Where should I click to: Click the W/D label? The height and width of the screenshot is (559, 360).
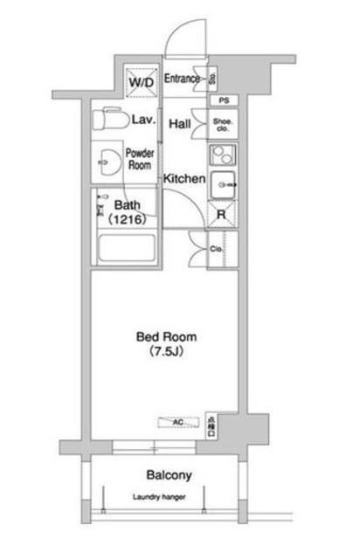pos(140,82)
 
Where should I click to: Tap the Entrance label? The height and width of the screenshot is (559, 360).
pos(182,79)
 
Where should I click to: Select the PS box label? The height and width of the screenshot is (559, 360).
pos(224,100)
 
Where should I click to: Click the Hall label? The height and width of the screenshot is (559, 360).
pos(180,124)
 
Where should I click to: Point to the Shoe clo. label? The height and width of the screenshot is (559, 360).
pos(224,124)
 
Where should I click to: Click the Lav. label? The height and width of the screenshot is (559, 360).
pos(144,121)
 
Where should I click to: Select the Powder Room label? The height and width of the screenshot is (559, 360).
pos(140,158)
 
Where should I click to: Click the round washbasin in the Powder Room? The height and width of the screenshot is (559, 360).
pos(110,162)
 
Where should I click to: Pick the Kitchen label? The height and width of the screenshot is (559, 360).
pos(185,179)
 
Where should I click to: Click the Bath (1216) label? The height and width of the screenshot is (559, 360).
pos(128,213)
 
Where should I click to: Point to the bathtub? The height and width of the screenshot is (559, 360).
pos(124,250)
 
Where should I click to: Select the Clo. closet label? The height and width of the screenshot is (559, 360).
pos(218,249)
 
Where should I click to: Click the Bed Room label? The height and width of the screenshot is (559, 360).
pos(166,336)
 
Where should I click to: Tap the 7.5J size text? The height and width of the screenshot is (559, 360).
pos(166,352)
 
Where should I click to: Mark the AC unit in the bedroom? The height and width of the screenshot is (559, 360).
pos(177,423)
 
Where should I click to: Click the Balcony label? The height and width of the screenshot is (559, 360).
pos(169,476)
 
